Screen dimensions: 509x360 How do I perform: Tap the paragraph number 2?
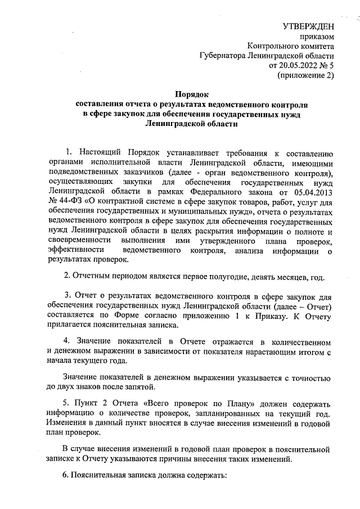[x=67, y=277]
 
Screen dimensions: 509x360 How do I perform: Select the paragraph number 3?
[x=67, y=296]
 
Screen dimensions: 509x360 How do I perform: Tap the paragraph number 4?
[x=66, y=343]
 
